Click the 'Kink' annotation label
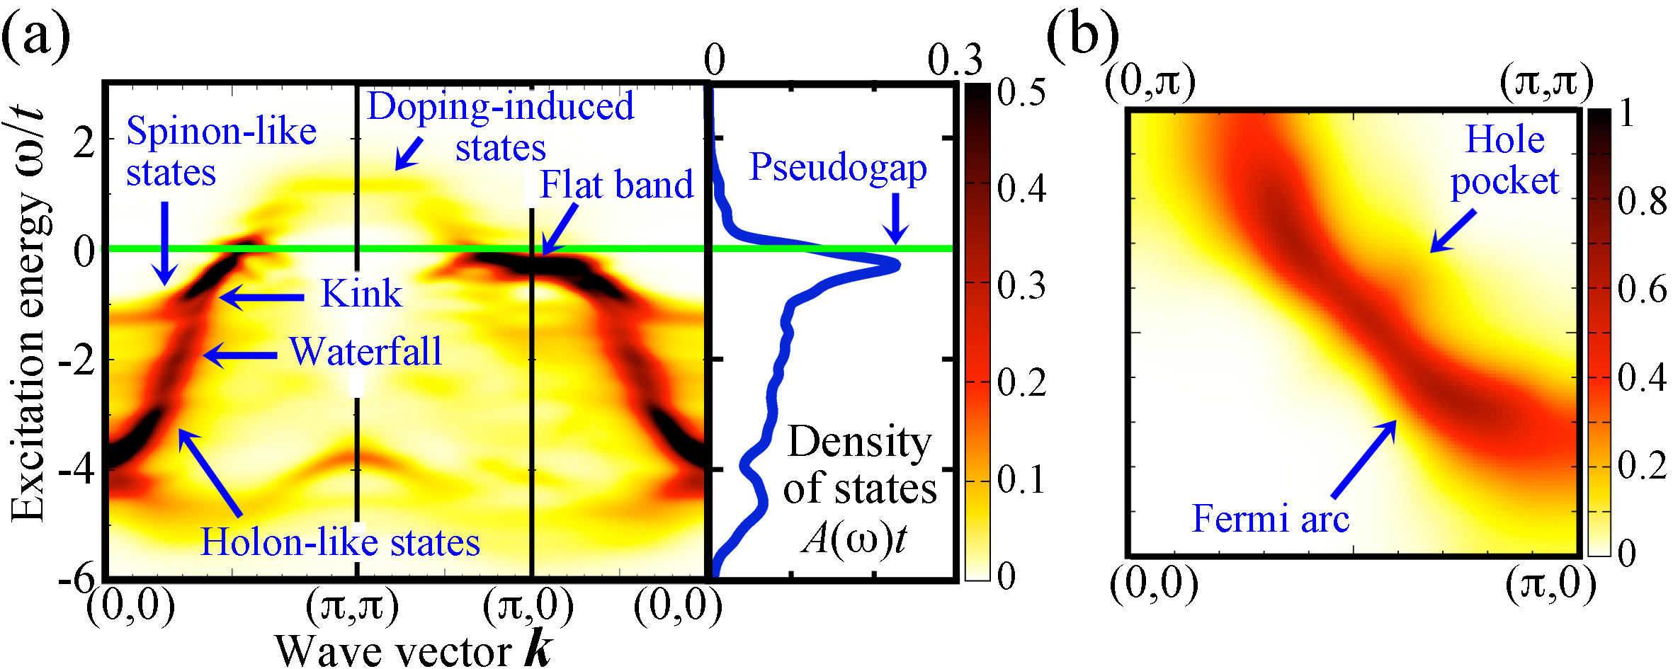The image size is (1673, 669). (x=361, y=293)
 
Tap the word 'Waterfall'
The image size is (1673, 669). (x=365, y=351)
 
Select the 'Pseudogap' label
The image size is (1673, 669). (x=838, y=168)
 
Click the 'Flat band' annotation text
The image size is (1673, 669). (x=616, y=185)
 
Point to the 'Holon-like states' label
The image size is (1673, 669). (x=340, y=542)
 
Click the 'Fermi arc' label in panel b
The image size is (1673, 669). (x=1271, y=519)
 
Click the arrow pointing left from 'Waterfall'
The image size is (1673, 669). (x=240, y=355)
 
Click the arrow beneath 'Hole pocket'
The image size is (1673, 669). (x=1453, y=231)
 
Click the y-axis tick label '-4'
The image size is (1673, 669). (x=76, y=470)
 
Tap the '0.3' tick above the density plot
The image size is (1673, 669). (x=955, y=60)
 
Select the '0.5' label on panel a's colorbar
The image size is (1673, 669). (x=1021, y=93)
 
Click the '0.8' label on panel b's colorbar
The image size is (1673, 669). (x=1643, y=202)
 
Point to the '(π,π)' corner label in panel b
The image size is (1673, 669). (x=1546, y=83)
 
